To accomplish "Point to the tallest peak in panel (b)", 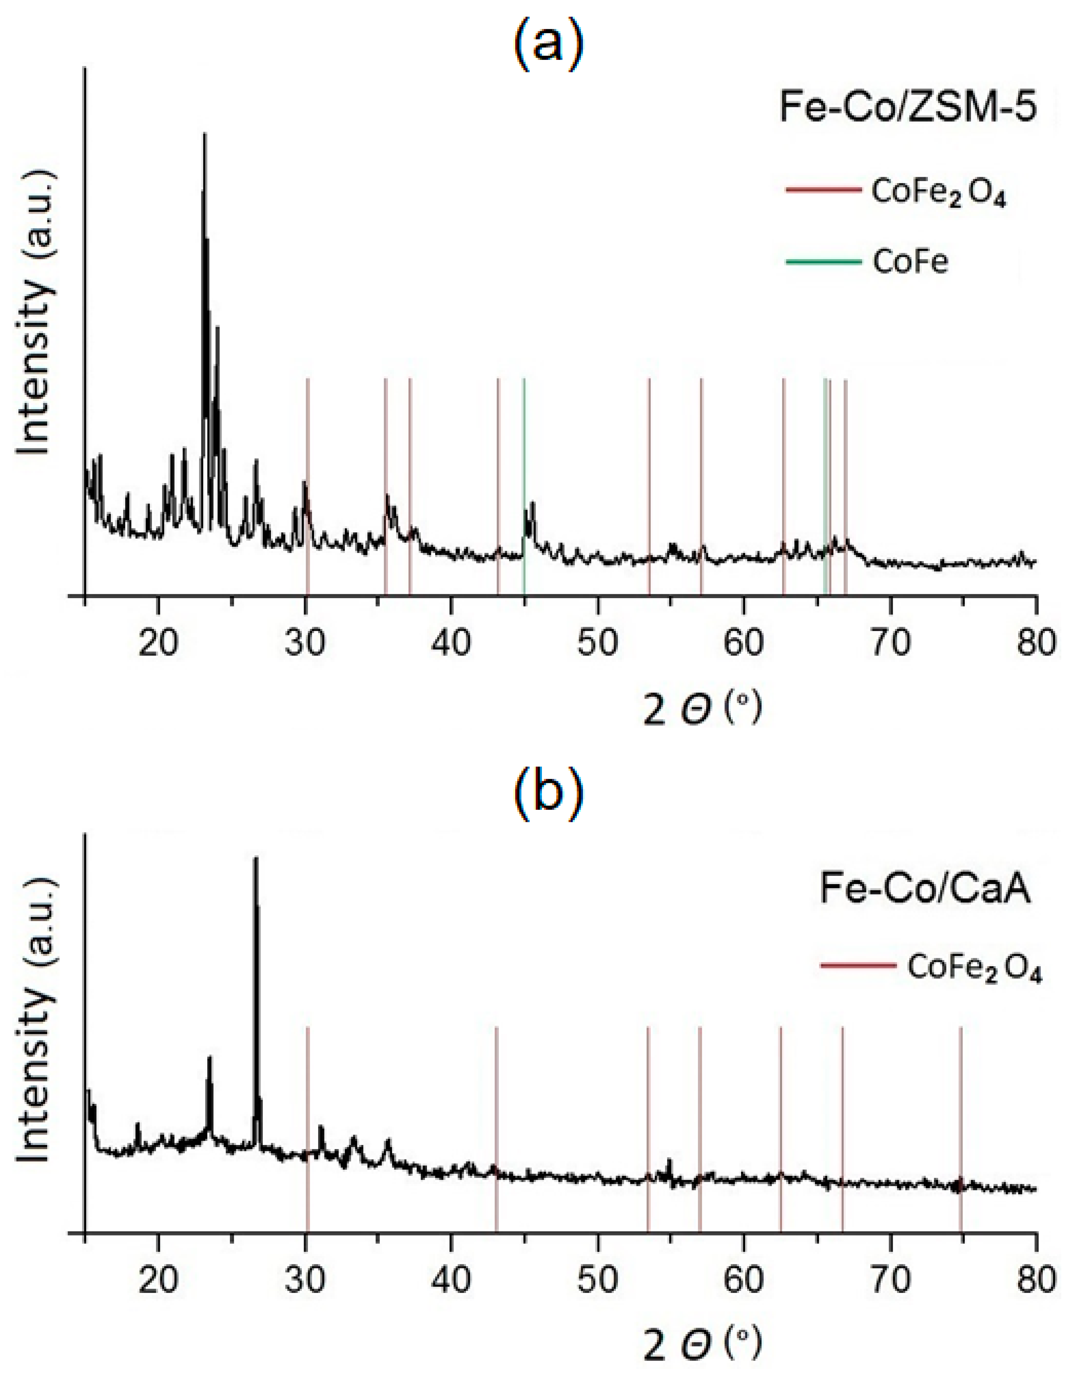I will point(255,859).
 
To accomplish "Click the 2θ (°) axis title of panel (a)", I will point(703,709).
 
